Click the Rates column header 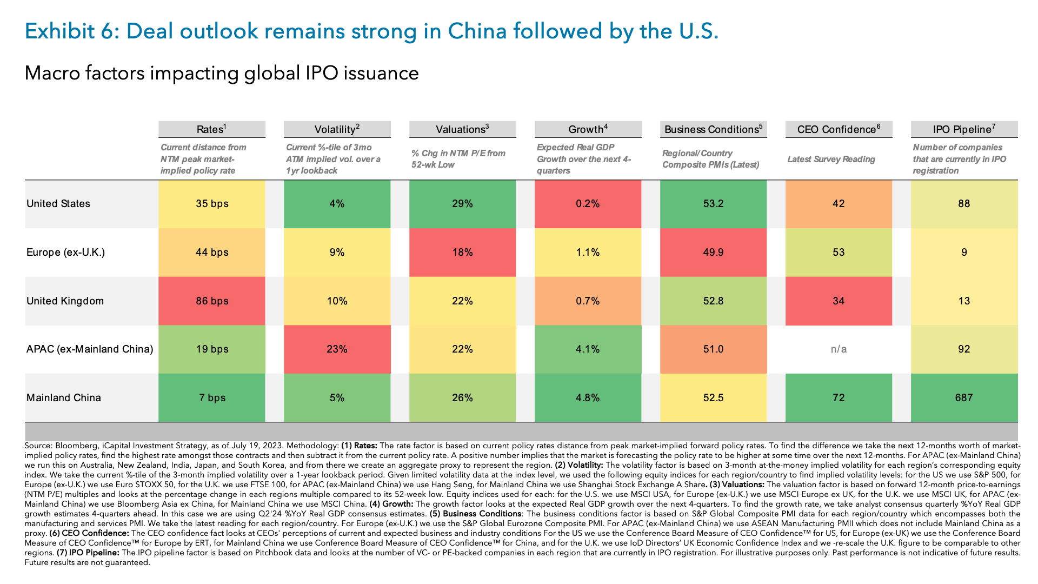(211, 129)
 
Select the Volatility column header (337, 129)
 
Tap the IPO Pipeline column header (964, 129)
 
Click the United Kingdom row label (65, 301)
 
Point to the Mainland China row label (63, 398)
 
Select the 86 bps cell (212, 301)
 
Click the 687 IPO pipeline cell (964, 398)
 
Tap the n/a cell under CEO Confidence (839, 349)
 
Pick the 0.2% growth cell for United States (588, 204)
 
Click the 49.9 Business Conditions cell (713, 253)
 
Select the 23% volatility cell (337, 349)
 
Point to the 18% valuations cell (462, 253)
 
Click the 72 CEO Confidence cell (839, 398)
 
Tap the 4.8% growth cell (588, 398)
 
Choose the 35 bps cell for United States (212, 204)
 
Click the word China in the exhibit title (477, 31)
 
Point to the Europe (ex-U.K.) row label (65, 253)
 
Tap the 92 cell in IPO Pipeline (964, 349)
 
